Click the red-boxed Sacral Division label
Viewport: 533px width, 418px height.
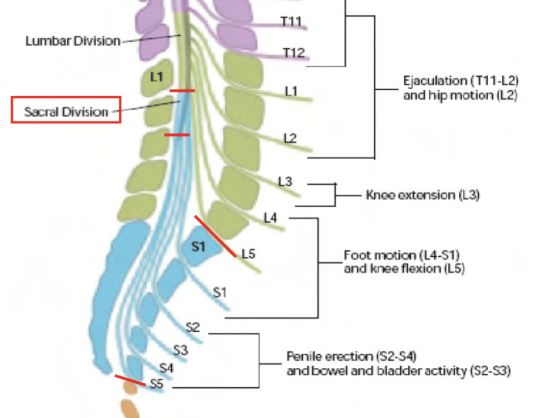tap(66, 110)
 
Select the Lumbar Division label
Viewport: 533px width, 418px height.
tap(73, 41)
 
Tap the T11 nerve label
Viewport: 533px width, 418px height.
tap(291, 22)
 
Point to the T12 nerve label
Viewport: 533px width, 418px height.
tap(293, 53)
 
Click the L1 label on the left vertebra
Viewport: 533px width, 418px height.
tap(156, 76)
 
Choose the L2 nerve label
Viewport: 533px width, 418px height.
tap(289, 138)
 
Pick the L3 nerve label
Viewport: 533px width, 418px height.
tap(285, 182)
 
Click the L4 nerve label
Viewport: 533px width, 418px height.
tap(270, 218)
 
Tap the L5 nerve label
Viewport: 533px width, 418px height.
tap(248, 254)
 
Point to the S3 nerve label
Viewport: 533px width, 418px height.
tap(180, 350)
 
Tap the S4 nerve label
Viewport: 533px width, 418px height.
tap(166, 368)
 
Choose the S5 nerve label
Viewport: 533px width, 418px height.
tap(156, 384)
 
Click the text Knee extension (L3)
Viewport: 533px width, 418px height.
tap(423, 195)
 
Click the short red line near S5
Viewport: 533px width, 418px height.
tap(129, 380)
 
